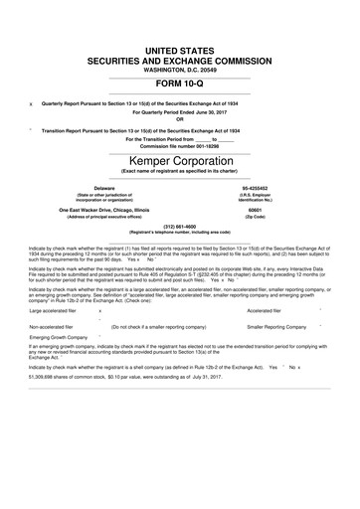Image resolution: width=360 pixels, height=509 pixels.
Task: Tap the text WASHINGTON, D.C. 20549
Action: point(179,69)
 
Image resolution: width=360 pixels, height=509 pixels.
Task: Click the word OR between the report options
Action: point(179,120)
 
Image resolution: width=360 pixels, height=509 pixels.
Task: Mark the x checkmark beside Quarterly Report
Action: point(32,104)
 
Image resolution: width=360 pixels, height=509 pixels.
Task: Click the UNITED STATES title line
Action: point(179,49)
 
